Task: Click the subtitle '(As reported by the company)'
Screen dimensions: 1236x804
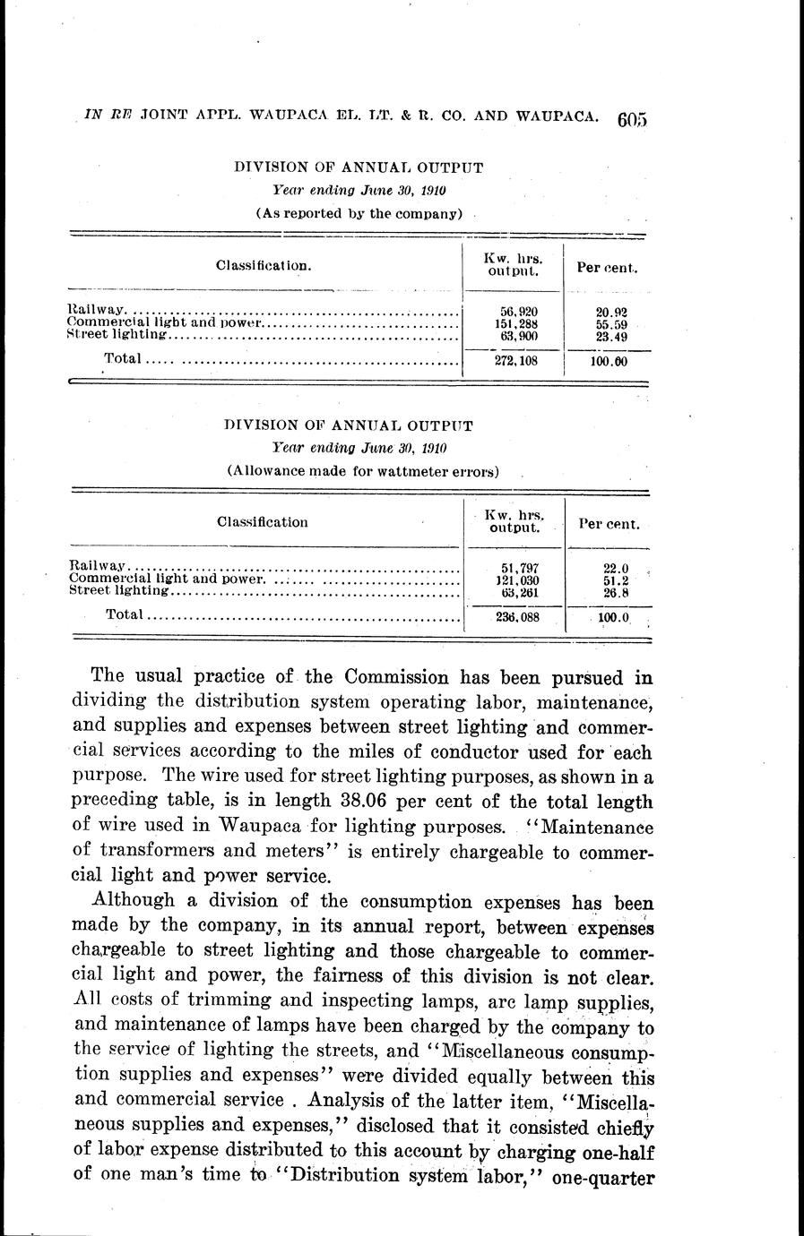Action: pos(359,213)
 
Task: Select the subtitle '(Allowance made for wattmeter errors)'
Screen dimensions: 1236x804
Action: pos(362,470)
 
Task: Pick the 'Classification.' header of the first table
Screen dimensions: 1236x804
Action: pos(264,265)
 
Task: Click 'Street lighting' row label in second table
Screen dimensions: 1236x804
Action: pos(118,591)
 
